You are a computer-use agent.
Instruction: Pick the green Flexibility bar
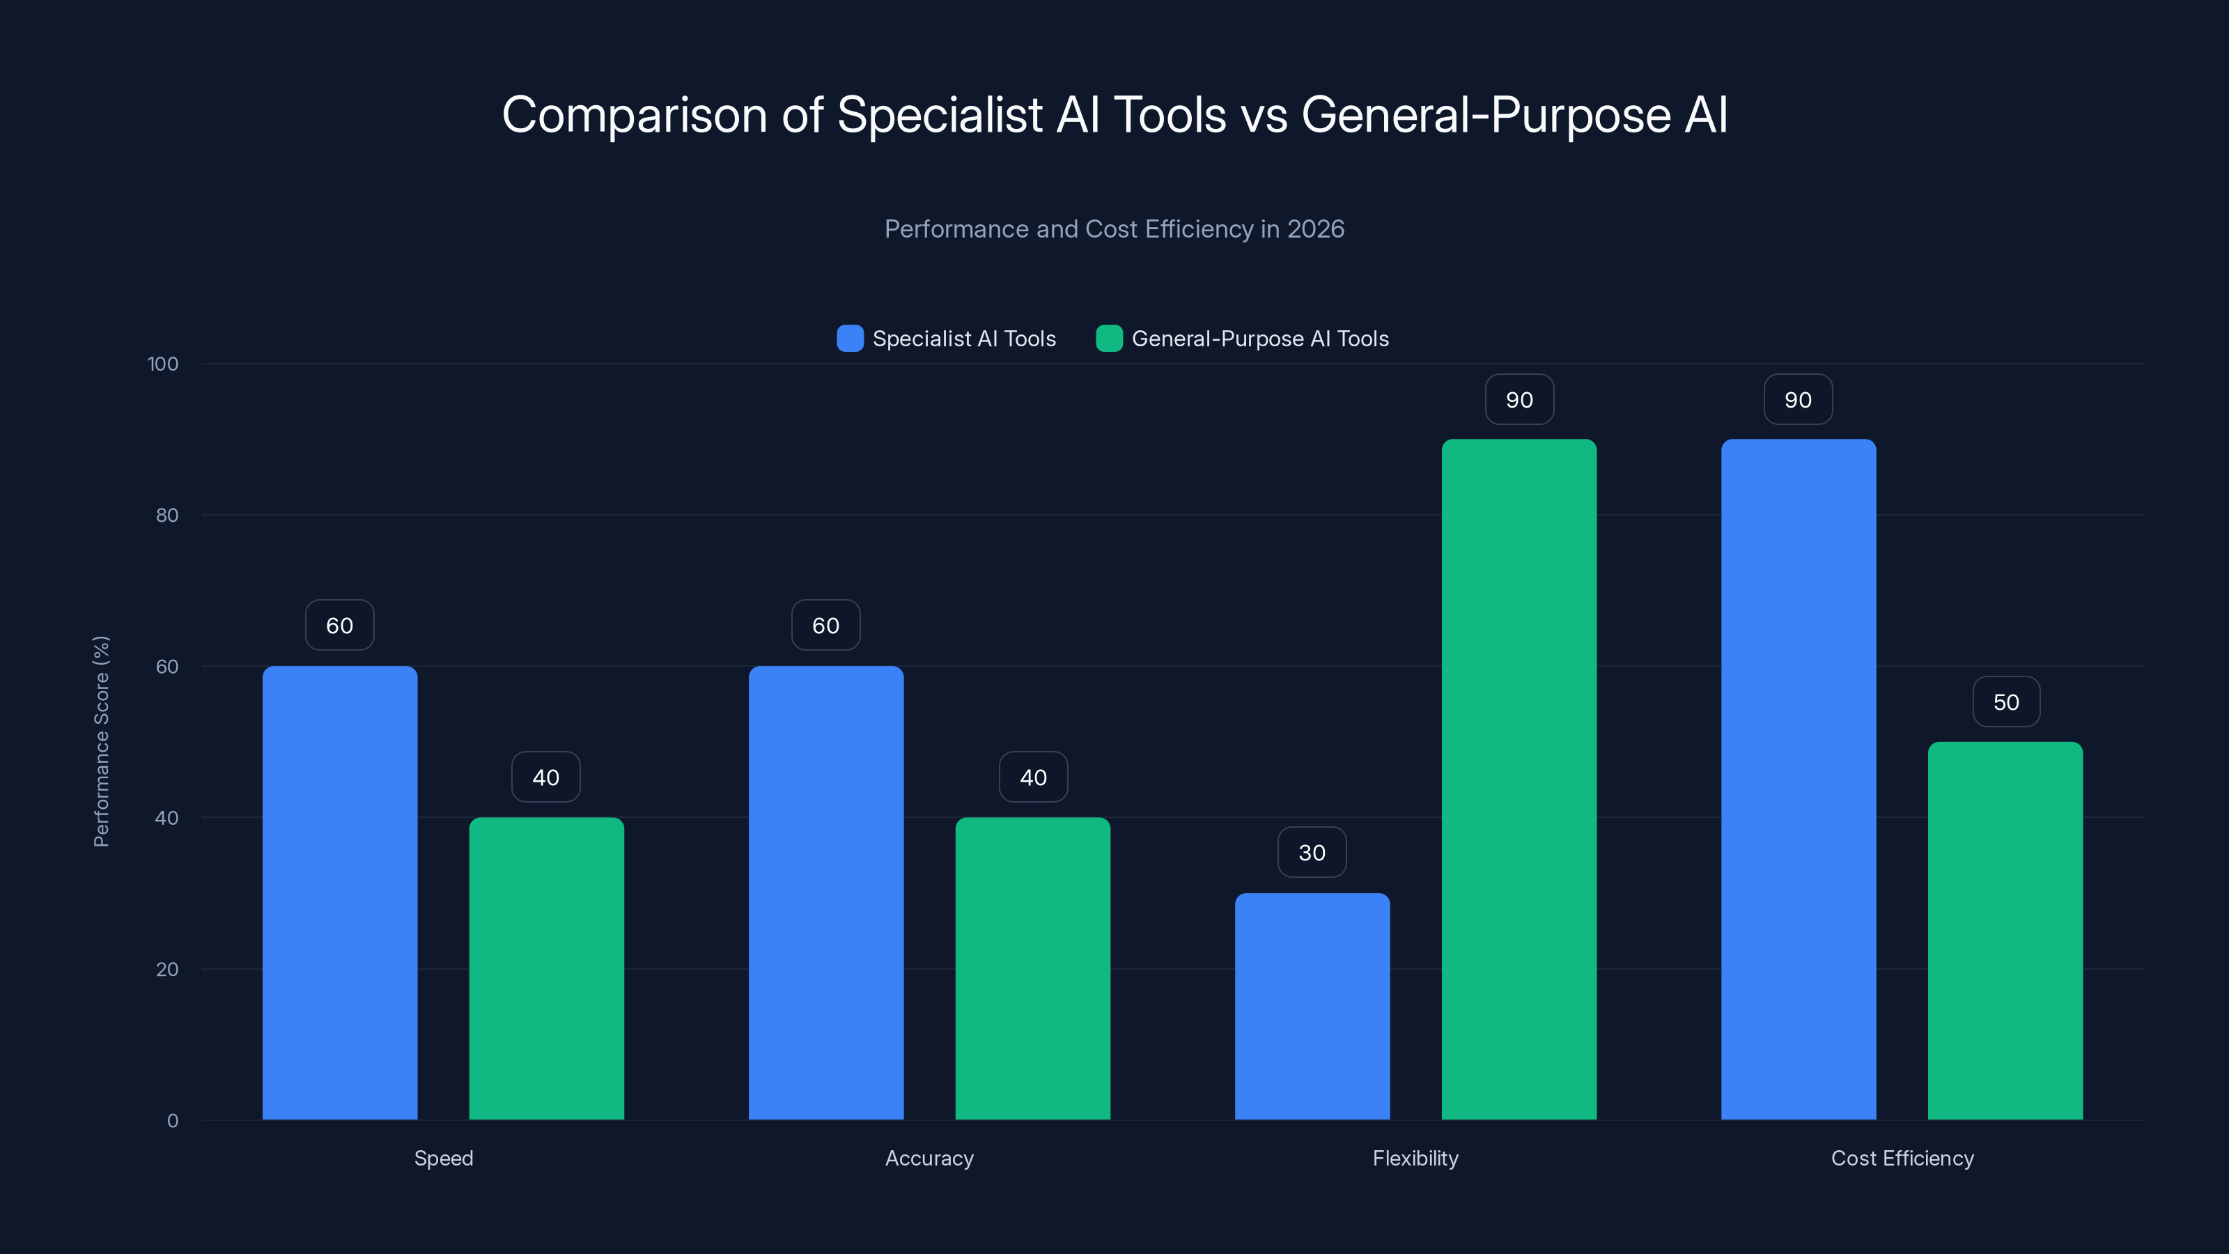[1519, 779]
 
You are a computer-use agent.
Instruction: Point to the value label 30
[1312, 853]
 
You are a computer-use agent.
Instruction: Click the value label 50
[2006, 702]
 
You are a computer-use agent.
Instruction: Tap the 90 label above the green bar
[1519, 400]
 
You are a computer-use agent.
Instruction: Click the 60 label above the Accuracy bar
[825, 626]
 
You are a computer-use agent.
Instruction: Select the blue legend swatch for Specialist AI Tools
[850, 339]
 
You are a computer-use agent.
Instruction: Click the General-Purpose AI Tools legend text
[1260, 339]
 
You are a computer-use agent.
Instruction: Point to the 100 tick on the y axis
[163, 364]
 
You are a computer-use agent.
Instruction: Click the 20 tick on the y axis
[167, 969]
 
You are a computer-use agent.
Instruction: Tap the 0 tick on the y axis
[172, 1121]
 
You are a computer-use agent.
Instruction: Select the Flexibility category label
[1415, 1158]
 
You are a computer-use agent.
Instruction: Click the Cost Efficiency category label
[1902, 1158]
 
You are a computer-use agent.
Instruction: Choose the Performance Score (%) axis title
[101, 742]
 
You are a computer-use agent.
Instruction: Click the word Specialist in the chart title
[940, 115]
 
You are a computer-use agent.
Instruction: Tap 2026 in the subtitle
[1315, 229]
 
